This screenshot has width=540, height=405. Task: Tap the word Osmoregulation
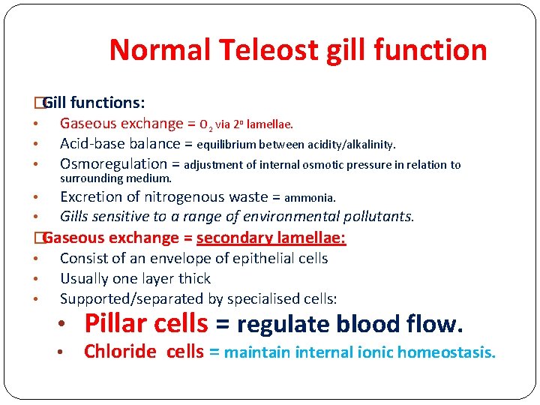[113, 164]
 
